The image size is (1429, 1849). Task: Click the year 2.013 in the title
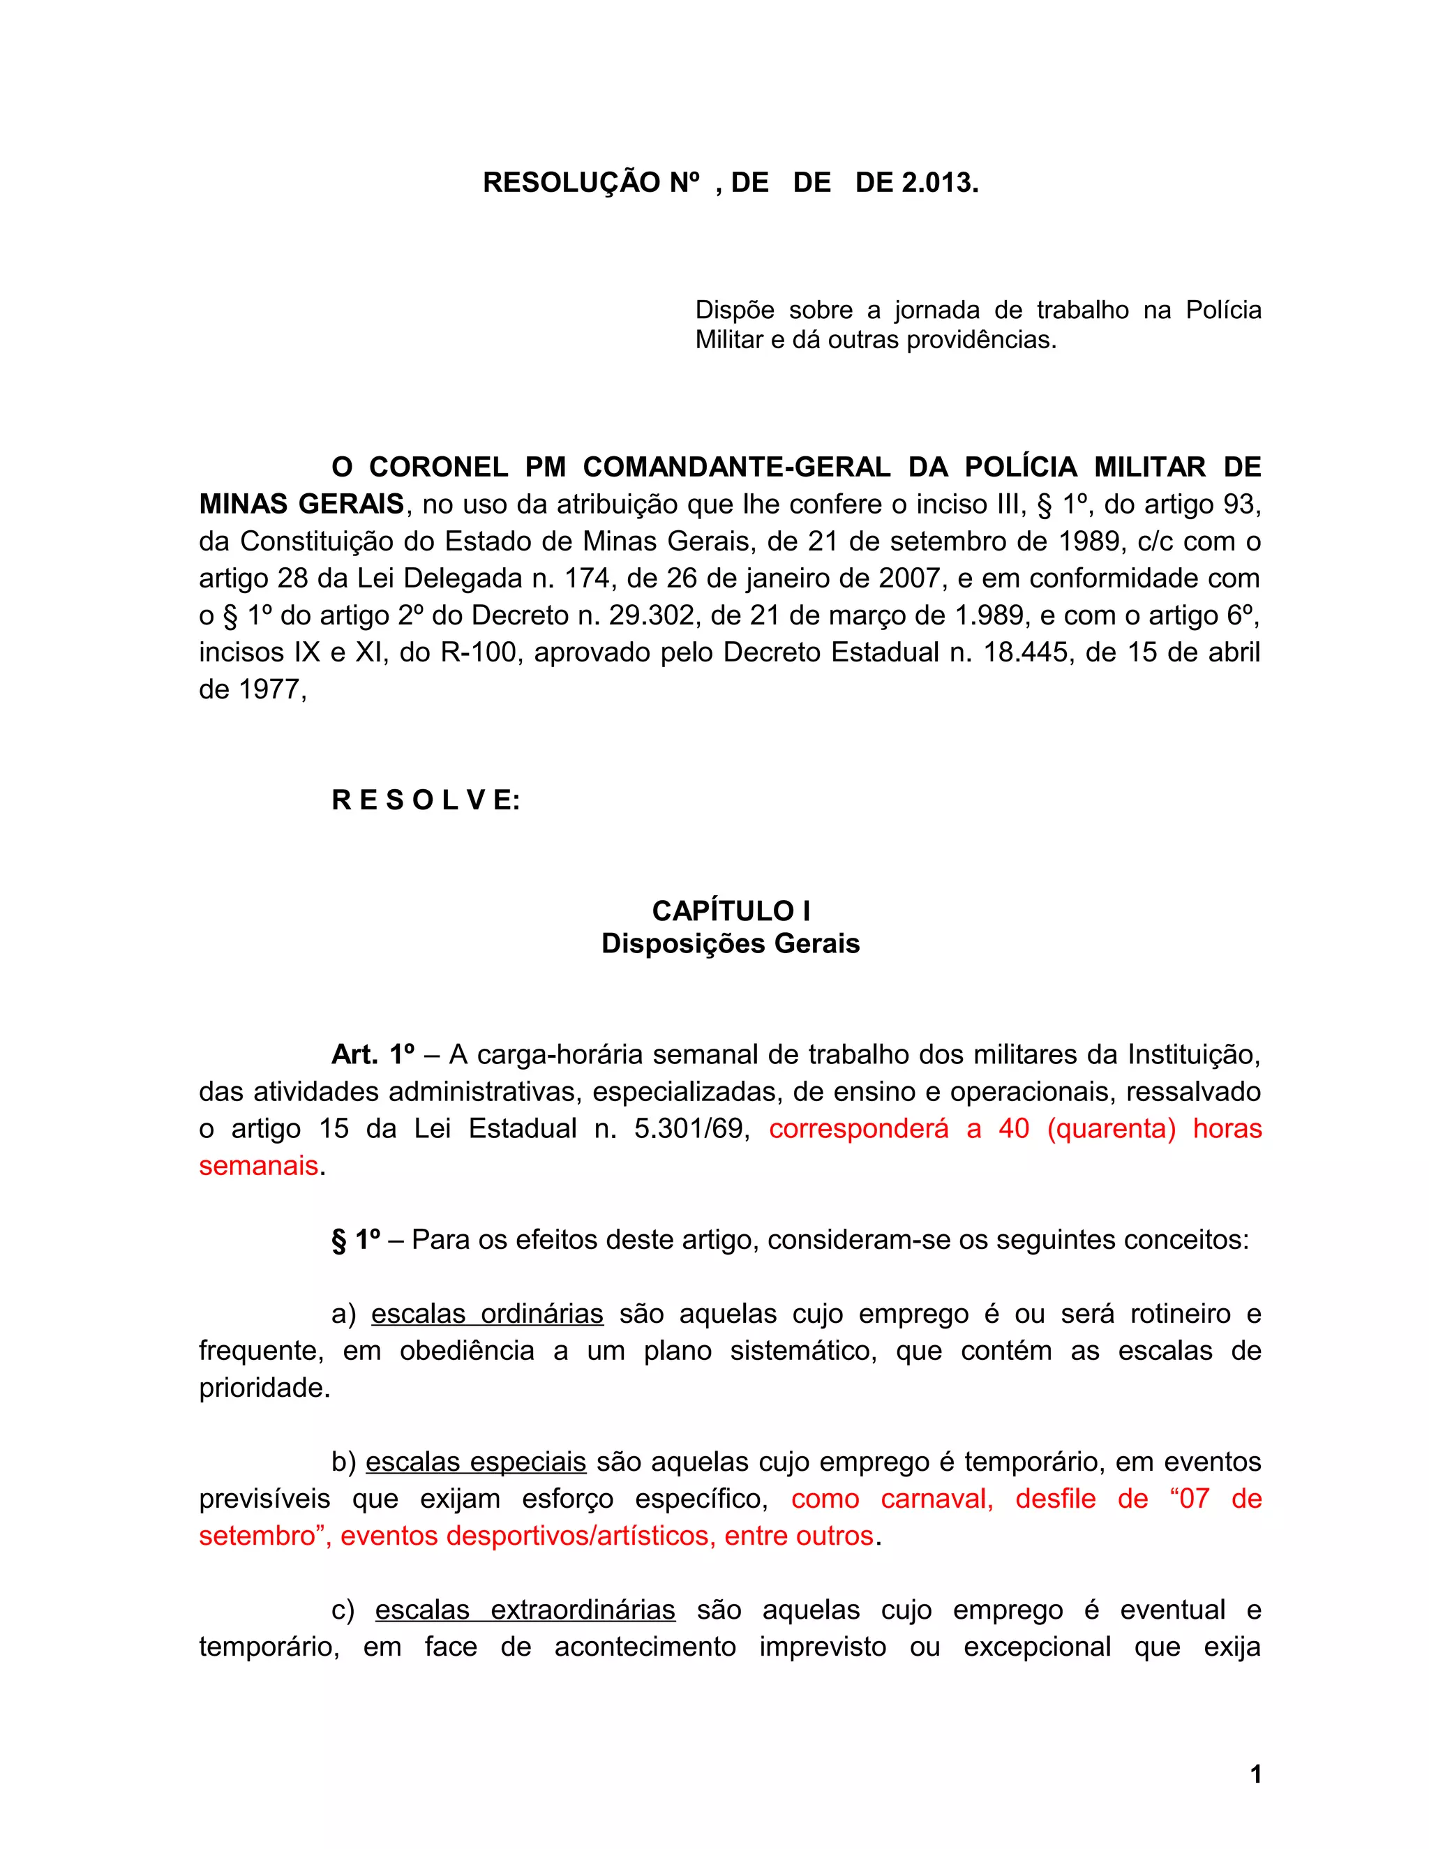pos(938,183)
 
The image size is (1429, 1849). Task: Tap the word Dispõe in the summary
pos(735,310)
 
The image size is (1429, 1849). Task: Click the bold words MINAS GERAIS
pos(301,504)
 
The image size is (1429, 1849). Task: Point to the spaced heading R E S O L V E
pos(425,800)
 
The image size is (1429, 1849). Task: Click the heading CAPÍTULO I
pos(731,911)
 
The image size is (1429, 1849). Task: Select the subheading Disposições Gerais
pos(731,944)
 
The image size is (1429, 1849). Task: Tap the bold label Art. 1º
pos(373,1055)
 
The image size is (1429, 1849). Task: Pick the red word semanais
pos(258,1166)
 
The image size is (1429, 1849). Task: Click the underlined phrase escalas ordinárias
pos(487,1314)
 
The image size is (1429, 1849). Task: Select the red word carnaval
pos(936,1499)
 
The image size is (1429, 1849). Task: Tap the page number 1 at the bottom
pos(1255,1774)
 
